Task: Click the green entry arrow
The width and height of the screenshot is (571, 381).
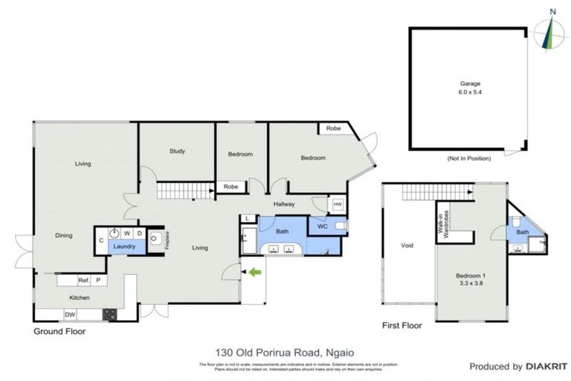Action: [x=255, y=273]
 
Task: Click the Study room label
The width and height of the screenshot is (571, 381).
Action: [x=177, y=151]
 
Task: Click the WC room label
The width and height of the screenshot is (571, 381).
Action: [x=322, y=225]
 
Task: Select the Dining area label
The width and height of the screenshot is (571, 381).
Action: [x=64, y=236]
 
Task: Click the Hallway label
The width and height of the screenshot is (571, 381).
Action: [x=285, y=204]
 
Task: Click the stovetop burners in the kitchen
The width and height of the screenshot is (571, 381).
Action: [x=109, y=314]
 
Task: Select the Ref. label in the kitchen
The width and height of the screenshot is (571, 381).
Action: [x=84, y=280]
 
